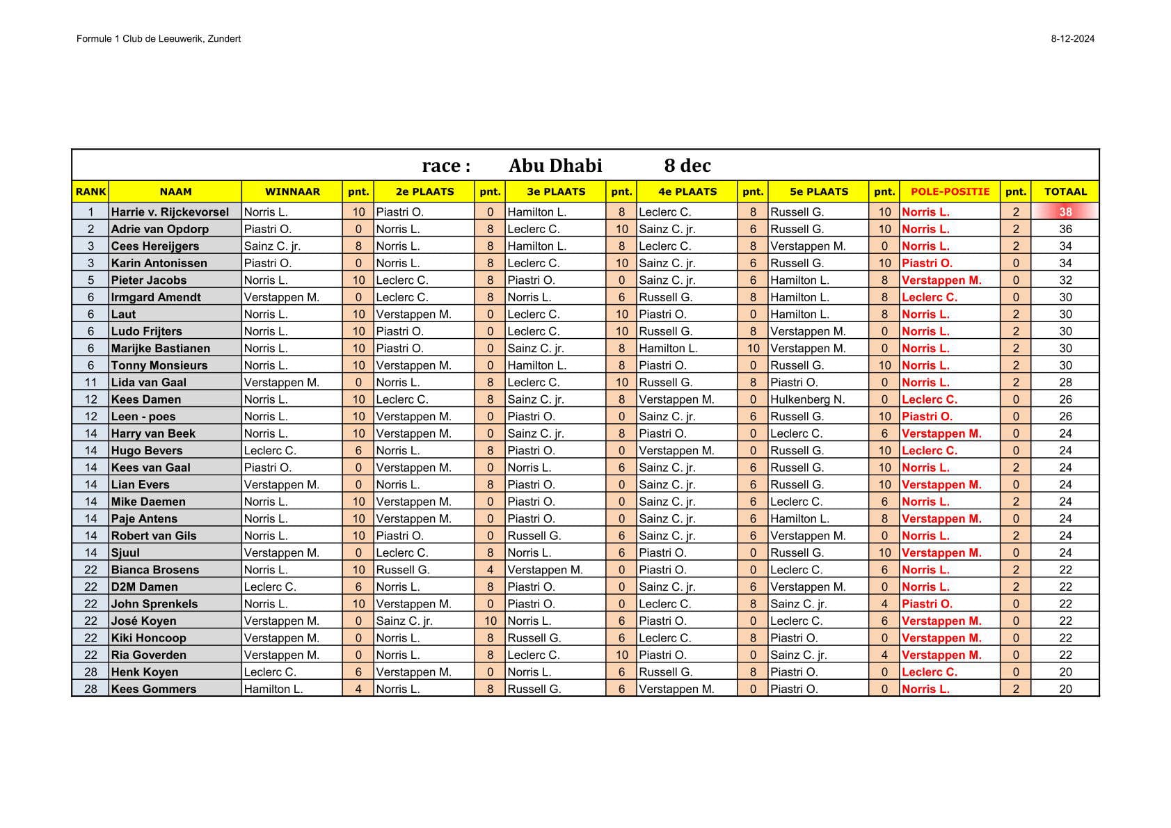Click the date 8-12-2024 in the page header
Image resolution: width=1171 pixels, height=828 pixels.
pyautogui.click(x=1072, y=39)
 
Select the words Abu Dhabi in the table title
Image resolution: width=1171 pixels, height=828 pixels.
pyautogui.click(x=555, y=166)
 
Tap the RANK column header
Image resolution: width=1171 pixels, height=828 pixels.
pyautogui.click(x=90, y=191)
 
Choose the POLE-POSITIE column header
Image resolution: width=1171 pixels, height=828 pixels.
pyautogui.click(x=950, y=191)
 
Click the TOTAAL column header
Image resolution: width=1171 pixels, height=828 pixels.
pyautogui.click(x=1065, y=191)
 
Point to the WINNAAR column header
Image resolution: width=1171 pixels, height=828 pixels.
pyautogui.click(x=292, y=191)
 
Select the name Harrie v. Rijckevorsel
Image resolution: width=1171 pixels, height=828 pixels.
pyautogui.click(x=170, y=212)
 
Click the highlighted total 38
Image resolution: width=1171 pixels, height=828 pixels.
pyautogui.click(x=1065, y=212)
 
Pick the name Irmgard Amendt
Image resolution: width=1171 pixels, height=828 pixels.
pyautogui.click(x=156, y=297)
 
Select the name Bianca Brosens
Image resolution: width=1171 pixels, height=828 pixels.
pyautogui.click(x=155, y=570)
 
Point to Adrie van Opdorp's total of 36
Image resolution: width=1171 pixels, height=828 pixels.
pyautogui.click(x=1065, y=229)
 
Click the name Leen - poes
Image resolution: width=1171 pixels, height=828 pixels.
pyautogui.click(x=143, y=416)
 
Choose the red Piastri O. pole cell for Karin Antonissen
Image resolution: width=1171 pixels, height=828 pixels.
pyautogui.click(x=927, y=263)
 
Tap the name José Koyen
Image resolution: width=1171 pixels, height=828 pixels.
pyautogui.click(x=144, y=621)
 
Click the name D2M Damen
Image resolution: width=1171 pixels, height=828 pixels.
pyautogui.click(x=145, y=587)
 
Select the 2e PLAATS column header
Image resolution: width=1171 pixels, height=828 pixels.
pyautogui.click(x=424, y=191)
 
